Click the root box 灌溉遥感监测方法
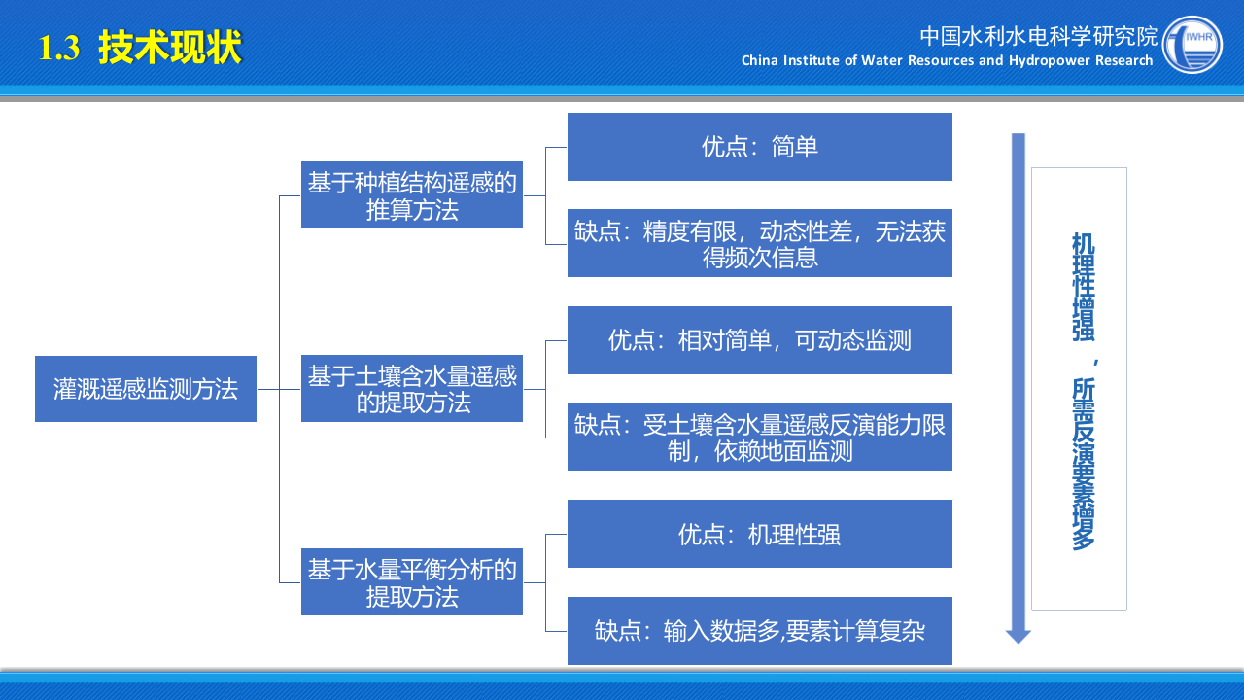pyautogui.click(x=146, y=389)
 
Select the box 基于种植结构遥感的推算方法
pyautogui.click(x=412, y=195)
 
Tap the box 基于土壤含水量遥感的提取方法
pyautogui.click(x=412, y=389)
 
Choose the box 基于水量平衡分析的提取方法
pyautogui.click(x=412, y=582)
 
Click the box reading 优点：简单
pyautogui.click(x=760, y=147)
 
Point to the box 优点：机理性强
pyautogui.click(x=760, y=534)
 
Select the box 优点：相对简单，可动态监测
pyautogui.click(x=760, y=340)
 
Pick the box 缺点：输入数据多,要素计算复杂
pyautogui.click(x=760, y=631)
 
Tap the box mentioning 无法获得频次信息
pyautogui.click(x=760, y=243)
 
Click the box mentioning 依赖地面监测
pyautogui.click(x=760, y=437)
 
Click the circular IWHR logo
pyautogui.click(x=1192, y=45)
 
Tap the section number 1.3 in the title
pyautogui.click(x=59, y=49)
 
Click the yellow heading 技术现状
pyautogui.click(x=170, y=48)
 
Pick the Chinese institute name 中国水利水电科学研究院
pyautogui.click(x=1039, y=36)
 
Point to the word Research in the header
pyautogui.click(x=1124, y=60)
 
